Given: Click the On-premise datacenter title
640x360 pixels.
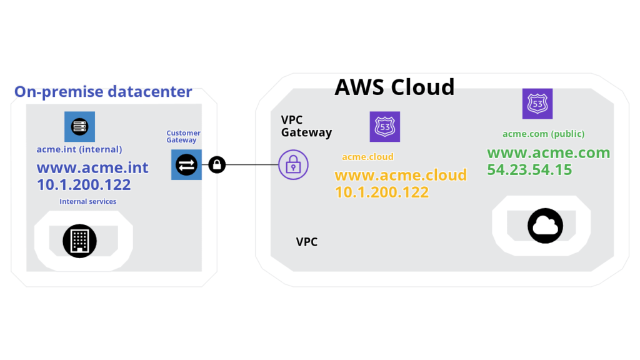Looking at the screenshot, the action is [103, 92].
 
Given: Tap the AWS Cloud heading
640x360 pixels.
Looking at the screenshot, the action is [394, 87].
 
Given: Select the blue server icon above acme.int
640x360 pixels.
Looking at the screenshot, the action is [79, 126].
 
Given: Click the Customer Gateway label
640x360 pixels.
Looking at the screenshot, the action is [183, 136].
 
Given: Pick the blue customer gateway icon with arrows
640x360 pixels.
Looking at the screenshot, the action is [186, 164].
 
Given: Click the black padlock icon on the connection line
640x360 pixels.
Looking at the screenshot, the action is [217, 164].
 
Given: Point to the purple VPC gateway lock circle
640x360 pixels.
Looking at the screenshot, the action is [293, 164].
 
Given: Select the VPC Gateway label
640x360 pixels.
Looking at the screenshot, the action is [306, 126].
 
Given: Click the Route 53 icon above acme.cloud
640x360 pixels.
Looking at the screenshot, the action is [384, 126].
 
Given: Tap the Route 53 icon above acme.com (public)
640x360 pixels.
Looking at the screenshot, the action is [537, 104].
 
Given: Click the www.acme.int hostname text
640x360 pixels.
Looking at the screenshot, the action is [92, 167].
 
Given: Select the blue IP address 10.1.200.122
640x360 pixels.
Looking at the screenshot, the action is [84, 184].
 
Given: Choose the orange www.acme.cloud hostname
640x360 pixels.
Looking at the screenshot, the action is [401, 175].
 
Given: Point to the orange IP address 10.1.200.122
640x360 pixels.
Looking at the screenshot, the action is [382, 192].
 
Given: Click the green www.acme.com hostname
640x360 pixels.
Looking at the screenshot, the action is [549, 152].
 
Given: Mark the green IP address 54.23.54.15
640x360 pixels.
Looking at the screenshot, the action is [529, 170].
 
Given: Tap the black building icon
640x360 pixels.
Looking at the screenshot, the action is [79, 241].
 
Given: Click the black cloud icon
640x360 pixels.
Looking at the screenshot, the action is [545, 226].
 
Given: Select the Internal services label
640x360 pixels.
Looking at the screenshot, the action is [87, 201].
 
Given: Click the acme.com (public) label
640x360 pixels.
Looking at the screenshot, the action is [543, 134].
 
